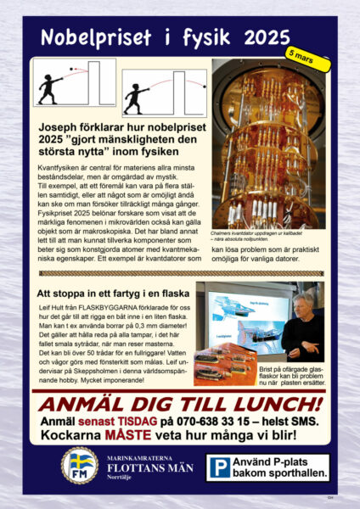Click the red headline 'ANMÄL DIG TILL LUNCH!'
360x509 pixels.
[x=180, y=403]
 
